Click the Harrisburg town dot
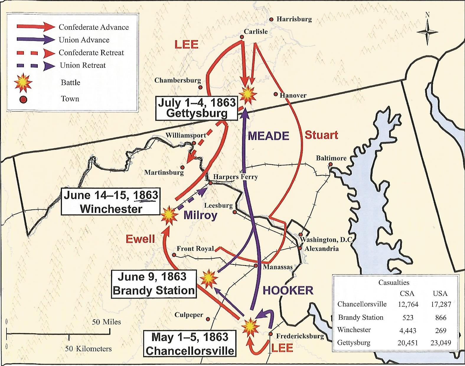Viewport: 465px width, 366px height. pyautogui.click(x=271, y=19)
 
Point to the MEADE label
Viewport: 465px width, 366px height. pyautogui.click(x=268, y=136)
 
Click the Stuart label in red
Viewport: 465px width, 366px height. pyautogui.click(x=321, y=135)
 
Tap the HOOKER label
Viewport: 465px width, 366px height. pyautogui.click(x=288, y=290)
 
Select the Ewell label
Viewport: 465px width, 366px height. pyautogui.click(x=140, y=239)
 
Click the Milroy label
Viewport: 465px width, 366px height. pyautogui.click(x=200, y=215)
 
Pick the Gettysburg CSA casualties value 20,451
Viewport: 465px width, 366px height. pyautogui.click(x=408, y=343)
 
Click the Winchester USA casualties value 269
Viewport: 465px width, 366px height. pyautogui.click(x=440, y=330)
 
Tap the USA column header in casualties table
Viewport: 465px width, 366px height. pyautogui.click(x=440, y=293)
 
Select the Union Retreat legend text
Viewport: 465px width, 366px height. pyautogui.click(x=83, y=65)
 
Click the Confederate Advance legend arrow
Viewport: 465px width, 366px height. pyautogui.click(x=35, y=27)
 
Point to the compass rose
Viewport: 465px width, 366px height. pyautogui.click(x=428, y=32)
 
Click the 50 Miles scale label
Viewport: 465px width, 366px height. pyautogui.click(x=106, y=322)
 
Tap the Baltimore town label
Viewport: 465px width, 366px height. pyautogui.click(x=331, y=158)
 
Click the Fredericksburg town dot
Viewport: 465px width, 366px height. pyautogui.click(x=270, y=334)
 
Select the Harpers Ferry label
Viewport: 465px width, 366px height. pyautogui.click(x=235, y=177)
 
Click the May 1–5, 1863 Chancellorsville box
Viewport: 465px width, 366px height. pyautogui.click(x=190, y=344)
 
